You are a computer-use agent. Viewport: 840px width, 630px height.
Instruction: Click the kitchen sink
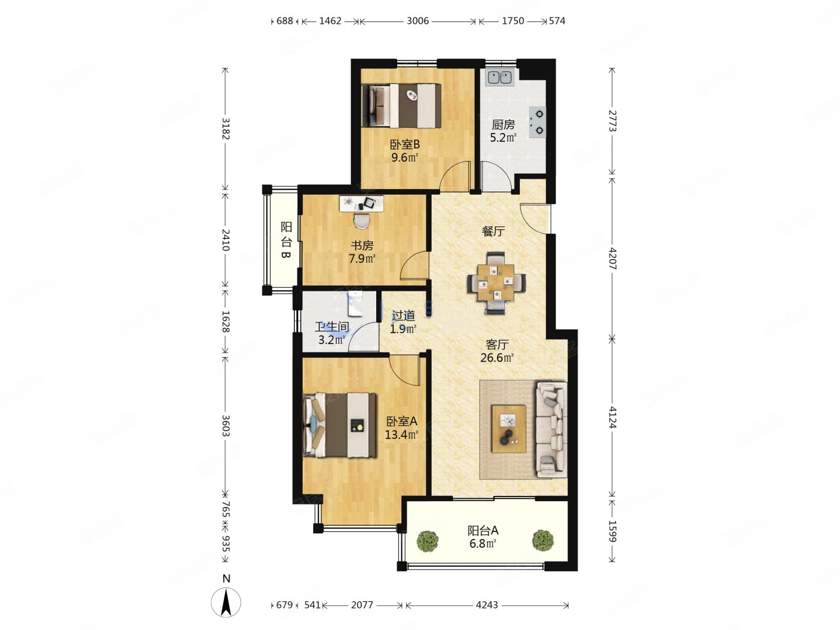(x=499, y=77)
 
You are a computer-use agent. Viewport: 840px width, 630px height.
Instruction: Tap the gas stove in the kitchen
(x=537, y=122)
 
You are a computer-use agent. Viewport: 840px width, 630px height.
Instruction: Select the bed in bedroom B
(x=401, y=106)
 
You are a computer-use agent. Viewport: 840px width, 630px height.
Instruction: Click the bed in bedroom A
(x=339, y=425)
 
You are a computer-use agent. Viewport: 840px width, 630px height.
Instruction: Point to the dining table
(x=496, y=283)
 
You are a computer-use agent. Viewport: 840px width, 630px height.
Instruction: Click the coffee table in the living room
(x=509, y=429)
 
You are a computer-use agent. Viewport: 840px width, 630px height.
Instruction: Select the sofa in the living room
(x=551, y=429)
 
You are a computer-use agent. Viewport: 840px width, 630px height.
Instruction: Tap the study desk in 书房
(x=361, y=204)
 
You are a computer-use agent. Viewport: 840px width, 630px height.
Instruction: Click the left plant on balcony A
(x=427, y=541)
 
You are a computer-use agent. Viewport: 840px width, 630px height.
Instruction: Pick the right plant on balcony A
(x=542, y=541)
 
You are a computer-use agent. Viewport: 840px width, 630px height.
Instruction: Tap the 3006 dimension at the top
(x=418, y=21)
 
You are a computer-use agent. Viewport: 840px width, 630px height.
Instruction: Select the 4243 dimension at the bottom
(x=487, y=605)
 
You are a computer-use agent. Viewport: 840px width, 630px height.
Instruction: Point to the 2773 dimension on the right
(x=612, y=121)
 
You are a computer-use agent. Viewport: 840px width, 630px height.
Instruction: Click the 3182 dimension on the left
(x=226, y=129)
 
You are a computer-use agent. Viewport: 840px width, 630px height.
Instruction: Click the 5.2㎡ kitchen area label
(x=503, y=137)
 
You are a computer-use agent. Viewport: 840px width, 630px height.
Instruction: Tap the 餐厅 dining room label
(x=493, y=231)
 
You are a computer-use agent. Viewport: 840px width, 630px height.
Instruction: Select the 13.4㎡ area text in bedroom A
(x=401, y=435)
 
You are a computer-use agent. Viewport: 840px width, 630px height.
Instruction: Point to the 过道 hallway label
(x=403, y=316)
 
